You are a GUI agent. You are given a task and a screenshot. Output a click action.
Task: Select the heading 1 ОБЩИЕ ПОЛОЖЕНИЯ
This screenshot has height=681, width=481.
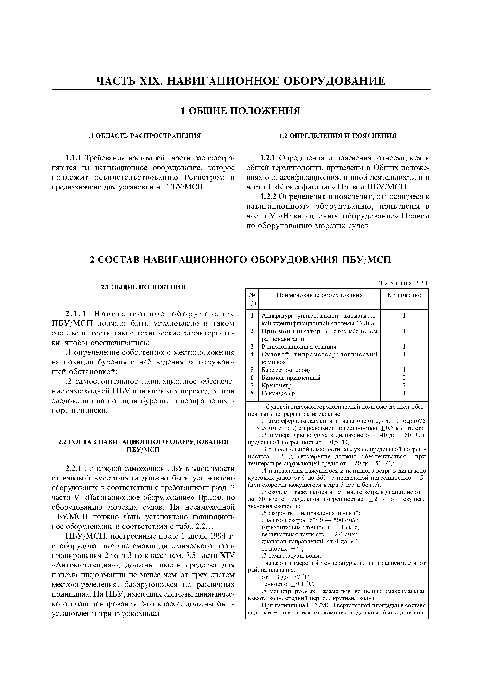click(240, 111)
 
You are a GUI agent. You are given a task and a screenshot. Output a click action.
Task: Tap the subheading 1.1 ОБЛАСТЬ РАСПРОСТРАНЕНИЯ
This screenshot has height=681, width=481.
click(143, 136)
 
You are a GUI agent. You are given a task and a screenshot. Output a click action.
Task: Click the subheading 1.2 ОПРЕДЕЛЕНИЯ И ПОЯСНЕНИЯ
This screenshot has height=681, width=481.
click(338, 136)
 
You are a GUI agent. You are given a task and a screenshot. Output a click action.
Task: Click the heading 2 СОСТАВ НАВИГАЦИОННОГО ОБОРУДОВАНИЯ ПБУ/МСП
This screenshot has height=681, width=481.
click(240, 260)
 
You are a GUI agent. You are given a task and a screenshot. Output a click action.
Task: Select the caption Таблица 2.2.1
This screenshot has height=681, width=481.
click(404, 283)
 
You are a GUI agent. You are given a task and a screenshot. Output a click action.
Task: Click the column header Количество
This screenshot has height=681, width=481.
click(404, 295)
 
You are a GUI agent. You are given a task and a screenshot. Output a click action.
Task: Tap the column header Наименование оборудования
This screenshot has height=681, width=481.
click(319, 295)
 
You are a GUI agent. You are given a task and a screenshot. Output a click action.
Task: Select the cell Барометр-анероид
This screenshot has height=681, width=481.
click(287, 370)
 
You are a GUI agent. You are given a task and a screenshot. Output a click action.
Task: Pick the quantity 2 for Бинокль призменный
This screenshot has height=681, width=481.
click(404, 378)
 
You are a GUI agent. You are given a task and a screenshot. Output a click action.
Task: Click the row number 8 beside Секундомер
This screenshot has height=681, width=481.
click(252, 393)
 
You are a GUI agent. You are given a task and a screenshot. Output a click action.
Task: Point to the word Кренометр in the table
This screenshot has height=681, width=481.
click(277, 385)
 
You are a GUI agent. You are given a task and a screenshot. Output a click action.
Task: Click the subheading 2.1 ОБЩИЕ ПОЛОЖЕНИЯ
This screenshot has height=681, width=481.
click(143, 287)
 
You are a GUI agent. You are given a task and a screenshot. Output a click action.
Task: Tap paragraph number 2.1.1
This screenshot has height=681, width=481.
click(76, 314)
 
